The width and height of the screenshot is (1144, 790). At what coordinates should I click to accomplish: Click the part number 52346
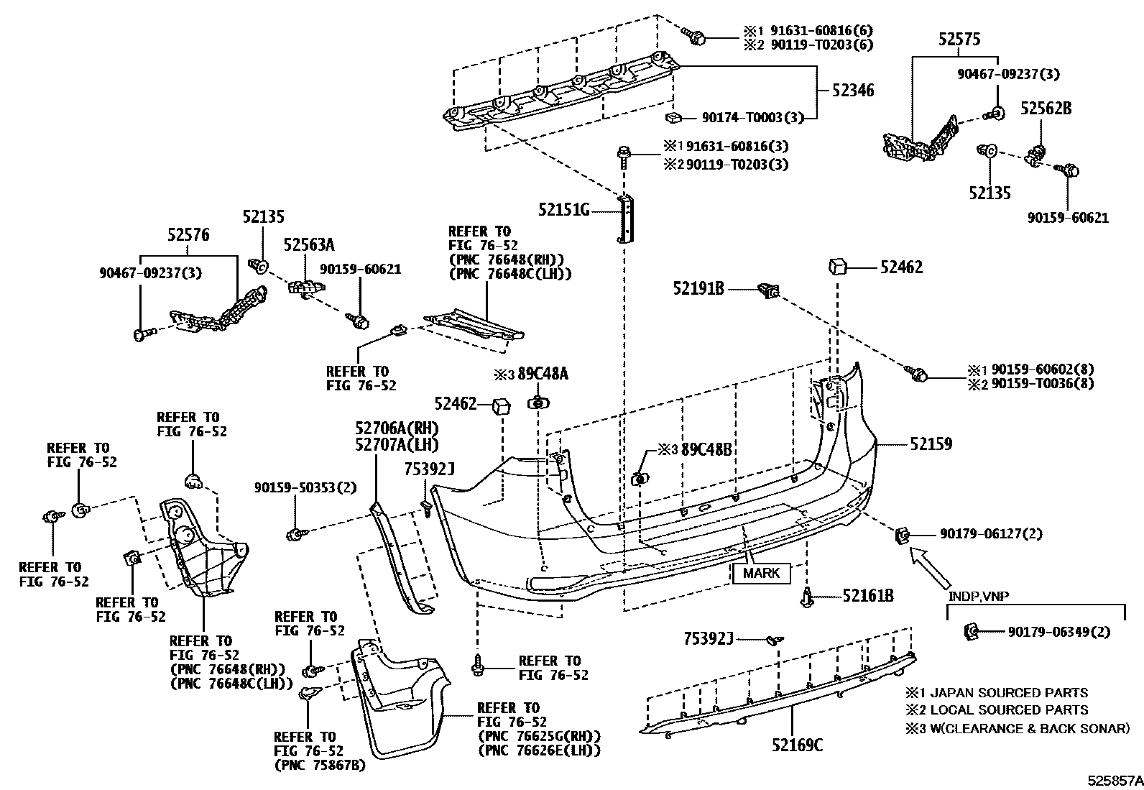click(853, 91)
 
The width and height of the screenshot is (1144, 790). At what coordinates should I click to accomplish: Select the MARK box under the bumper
click(761, 574)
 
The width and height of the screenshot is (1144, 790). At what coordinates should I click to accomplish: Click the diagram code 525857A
click(1113, 780)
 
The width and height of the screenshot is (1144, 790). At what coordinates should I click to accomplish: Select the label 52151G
click(563, 210)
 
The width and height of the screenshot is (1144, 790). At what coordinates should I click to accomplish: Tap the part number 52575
click(959, 40)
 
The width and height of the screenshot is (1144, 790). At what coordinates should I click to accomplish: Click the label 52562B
click(1046, 109)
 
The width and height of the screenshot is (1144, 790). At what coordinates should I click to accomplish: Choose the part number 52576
click(188, 234)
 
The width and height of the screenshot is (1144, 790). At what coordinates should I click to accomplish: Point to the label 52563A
click(308, 244)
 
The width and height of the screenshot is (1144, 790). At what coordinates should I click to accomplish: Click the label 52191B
click(698, 288)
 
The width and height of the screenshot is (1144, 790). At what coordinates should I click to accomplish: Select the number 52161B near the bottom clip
click(867, 596)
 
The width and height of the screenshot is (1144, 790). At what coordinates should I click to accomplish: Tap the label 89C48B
click(706, 450)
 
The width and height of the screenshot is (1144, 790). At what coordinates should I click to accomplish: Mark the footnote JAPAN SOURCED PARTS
click(1005, 693)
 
